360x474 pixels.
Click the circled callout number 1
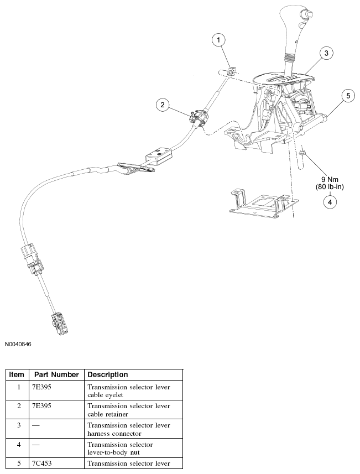coord(220,40)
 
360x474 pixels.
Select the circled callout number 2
coord(162,105)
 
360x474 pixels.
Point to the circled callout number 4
coord(330,202)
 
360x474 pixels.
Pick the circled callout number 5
coord(348,96)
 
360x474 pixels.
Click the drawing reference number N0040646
coord(18,344)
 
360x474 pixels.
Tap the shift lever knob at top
coord(294,22)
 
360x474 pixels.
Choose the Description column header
coord(108,374)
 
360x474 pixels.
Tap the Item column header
coord(17,374)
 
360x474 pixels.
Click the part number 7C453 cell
coord(44,463)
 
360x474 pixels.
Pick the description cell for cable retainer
coord(128,409)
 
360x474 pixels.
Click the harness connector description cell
coord(128,429)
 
